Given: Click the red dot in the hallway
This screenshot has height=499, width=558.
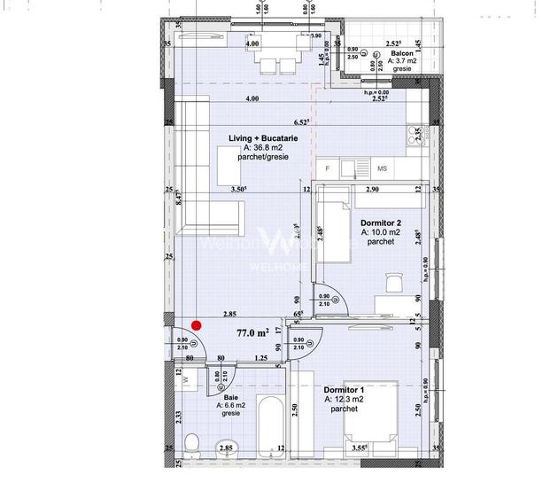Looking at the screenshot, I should tap(198, 325).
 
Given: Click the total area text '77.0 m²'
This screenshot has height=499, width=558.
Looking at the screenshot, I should tap(252, 333).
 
